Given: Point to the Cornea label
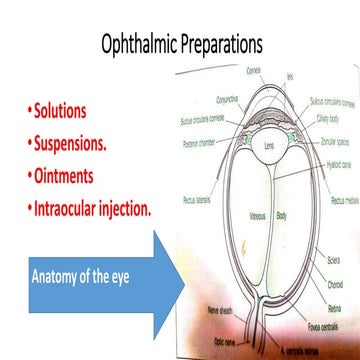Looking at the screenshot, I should [254, 72].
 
